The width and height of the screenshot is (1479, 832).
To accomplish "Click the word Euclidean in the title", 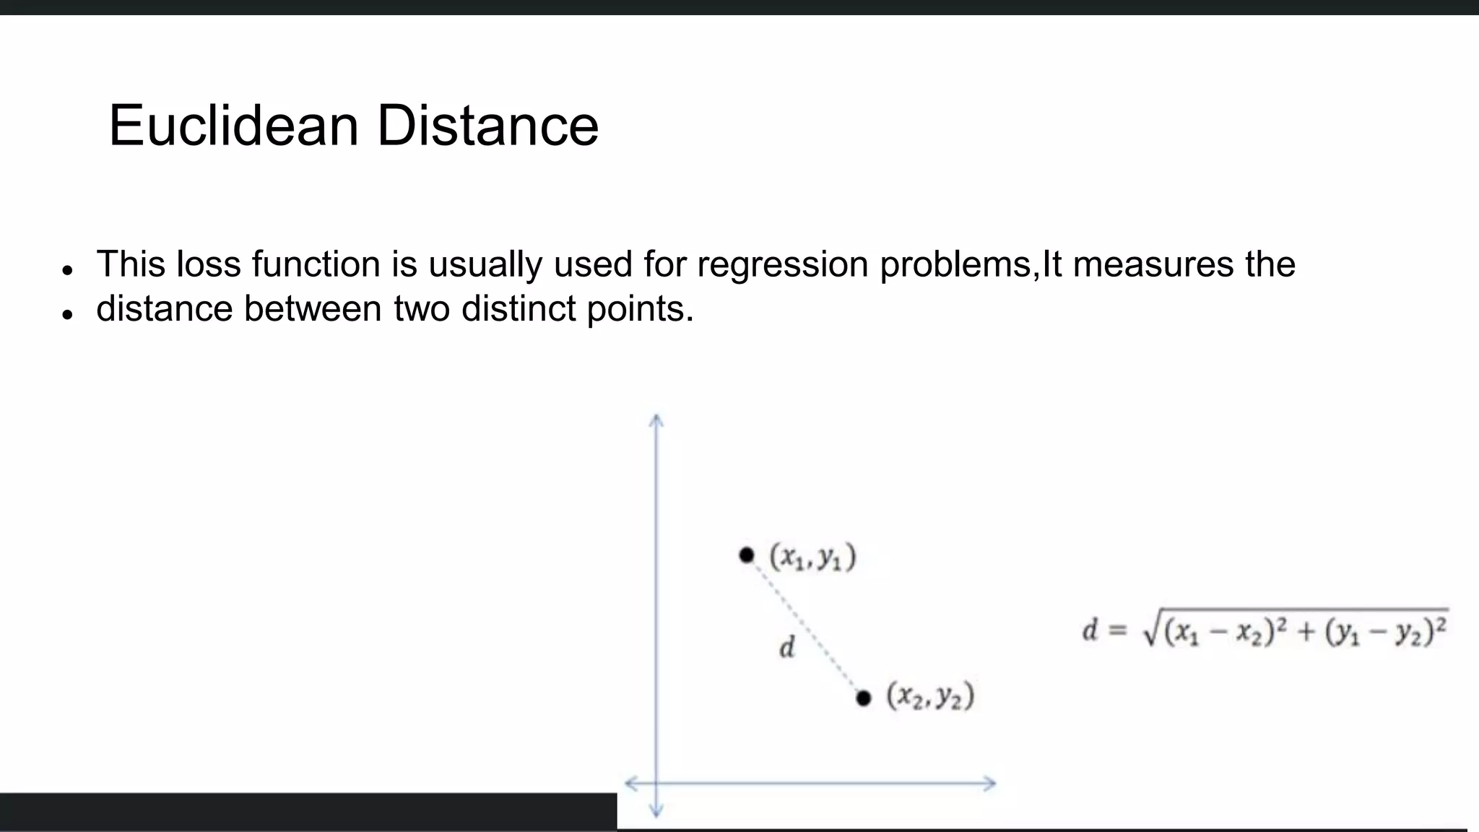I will point(233,126).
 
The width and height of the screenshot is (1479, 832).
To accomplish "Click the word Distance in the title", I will point(487,126).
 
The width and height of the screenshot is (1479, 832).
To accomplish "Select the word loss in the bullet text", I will point(209,264).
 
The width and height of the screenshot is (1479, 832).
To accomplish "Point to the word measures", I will point(1153,264).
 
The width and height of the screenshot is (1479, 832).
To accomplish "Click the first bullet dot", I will point(68,270).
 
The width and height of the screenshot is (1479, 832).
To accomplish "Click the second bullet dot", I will point(68,315).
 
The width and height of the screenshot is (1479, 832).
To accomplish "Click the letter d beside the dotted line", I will point(787,647).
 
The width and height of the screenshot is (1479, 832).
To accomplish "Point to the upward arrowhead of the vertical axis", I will point(656,420).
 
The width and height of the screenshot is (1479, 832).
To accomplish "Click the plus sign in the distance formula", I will point(1306,632).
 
